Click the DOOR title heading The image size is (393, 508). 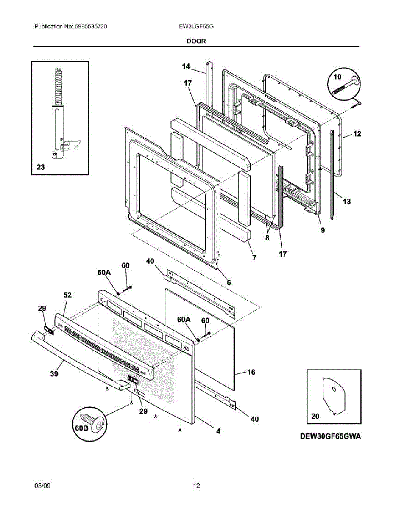pos(196,41)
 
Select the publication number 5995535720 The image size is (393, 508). pos(91,26)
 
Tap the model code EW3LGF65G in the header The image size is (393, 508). pos(196,26)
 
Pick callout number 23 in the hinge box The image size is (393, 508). pos(41,167)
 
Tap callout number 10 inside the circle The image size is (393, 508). pos(337,77)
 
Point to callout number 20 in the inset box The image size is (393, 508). pos(315,416)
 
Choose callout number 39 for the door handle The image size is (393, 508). pos(54,374)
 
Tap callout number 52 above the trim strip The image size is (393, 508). pos(67,295)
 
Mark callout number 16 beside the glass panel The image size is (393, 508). pos(251,372)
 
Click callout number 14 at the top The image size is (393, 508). pos(186,66)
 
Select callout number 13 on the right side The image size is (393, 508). pos(347,201)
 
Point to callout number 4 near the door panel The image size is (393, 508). pos(218,431)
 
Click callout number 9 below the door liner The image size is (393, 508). pos(323,230)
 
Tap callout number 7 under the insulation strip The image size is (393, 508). pos(254,258)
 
